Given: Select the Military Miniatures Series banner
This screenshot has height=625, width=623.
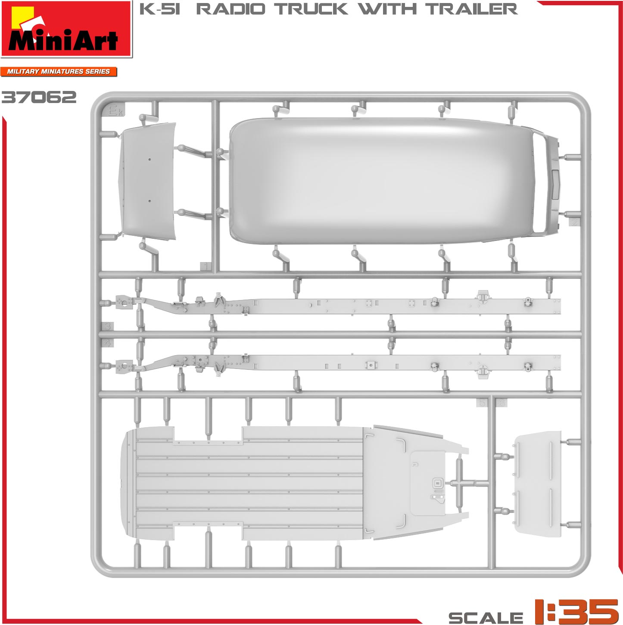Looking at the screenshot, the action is [x=58, y=72].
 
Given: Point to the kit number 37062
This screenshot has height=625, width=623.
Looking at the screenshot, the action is [x=39, y=97].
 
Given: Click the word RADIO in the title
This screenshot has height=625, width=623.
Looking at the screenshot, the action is [x=231, y=9].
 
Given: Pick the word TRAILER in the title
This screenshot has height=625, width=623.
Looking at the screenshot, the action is [x=471, y=9].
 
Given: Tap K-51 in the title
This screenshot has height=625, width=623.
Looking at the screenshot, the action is [x=159, y=9].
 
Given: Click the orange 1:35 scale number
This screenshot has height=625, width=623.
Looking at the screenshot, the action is [x=576, y=611].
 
